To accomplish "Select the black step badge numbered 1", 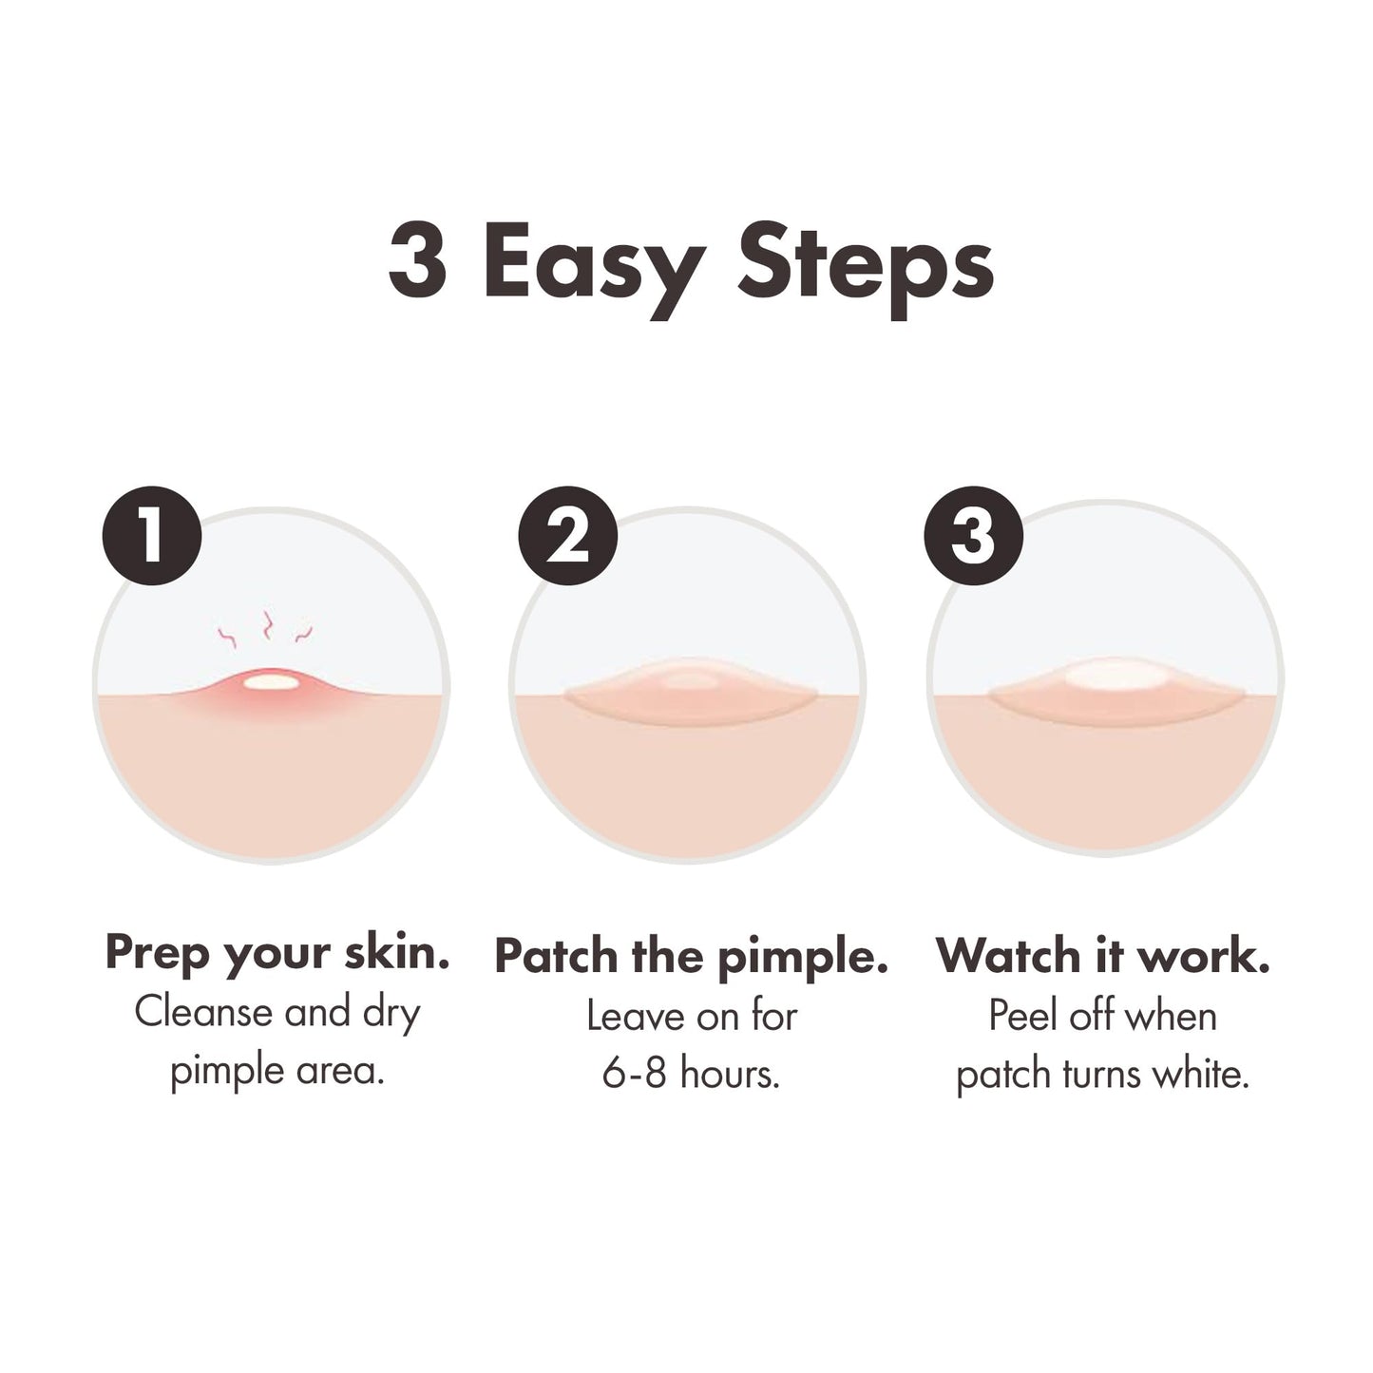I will pos(152,536).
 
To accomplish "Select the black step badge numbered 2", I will pos(567,536).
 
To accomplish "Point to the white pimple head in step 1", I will pos(270,680).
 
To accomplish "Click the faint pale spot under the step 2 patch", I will pos(690,678).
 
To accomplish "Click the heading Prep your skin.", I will pos(277,953).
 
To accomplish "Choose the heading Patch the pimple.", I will pos(691,957).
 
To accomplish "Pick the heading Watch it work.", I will pos(1103,957).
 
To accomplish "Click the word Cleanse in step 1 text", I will pos(204,1013).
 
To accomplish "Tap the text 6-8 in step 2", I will pos(635,1075).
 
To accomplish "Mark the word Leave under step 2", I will pos(632,1016).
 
